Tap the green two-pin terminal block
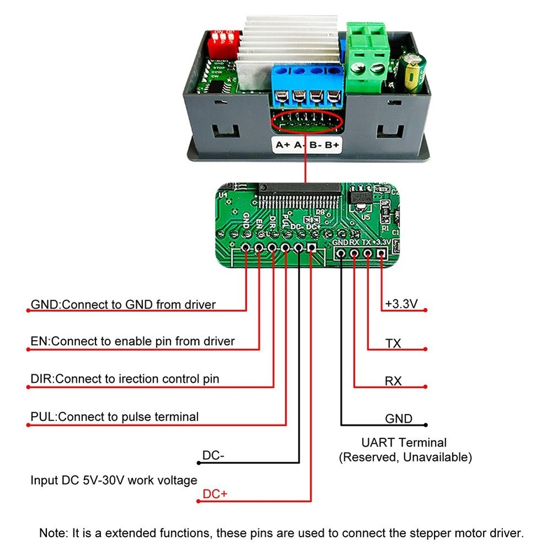pos(368,58)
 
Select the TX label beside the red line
pos(393,343)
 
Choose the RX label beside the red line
pos(393,381)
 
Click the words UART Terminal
pos(404,442)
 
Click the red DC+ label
pos(215,494)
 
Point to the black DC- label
pos(213,455)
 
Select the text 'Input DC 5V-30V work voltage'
pos(114,480)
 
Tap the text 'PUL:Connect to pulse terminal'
pos(114,416)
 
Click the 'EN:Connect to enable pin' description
pos(132,341)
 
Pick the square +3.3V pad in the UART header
pos(381,253)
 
